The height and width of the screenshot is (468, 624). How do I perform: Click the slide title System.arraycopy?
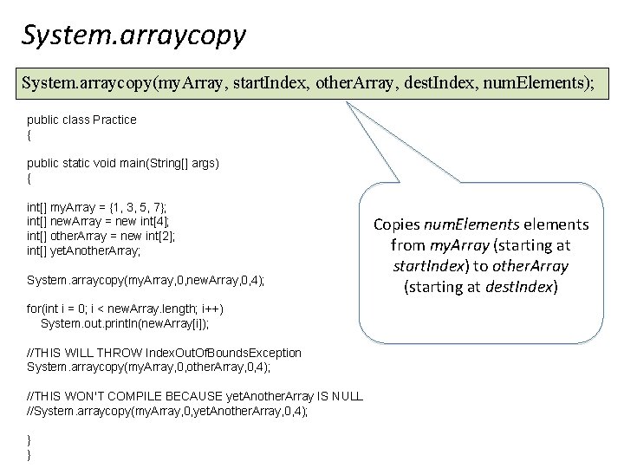pos(134,36)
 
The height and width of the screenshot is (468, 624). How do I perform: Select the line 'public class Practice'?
pos(81,120)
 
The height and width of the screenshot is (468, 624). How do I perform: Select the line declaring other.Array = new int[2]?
pos(94,237)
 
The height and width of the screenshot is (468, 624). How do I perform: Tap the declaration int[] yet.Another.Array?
pos(83,251)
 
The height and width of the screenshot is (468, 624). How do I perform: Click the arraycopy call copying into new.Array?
pos(146,281)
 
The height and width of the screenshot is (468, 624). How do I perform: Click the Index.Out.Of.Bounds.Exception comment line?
pos(165,353)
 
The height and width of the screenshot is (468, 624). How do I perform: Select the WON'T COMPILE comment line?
pos(195,397)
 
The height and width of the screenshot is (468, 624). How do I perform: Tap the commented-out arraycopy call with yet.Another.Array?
pos(167,412)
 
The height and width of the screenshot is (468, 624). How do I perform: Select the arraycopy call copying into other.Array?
pos(149,367)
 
